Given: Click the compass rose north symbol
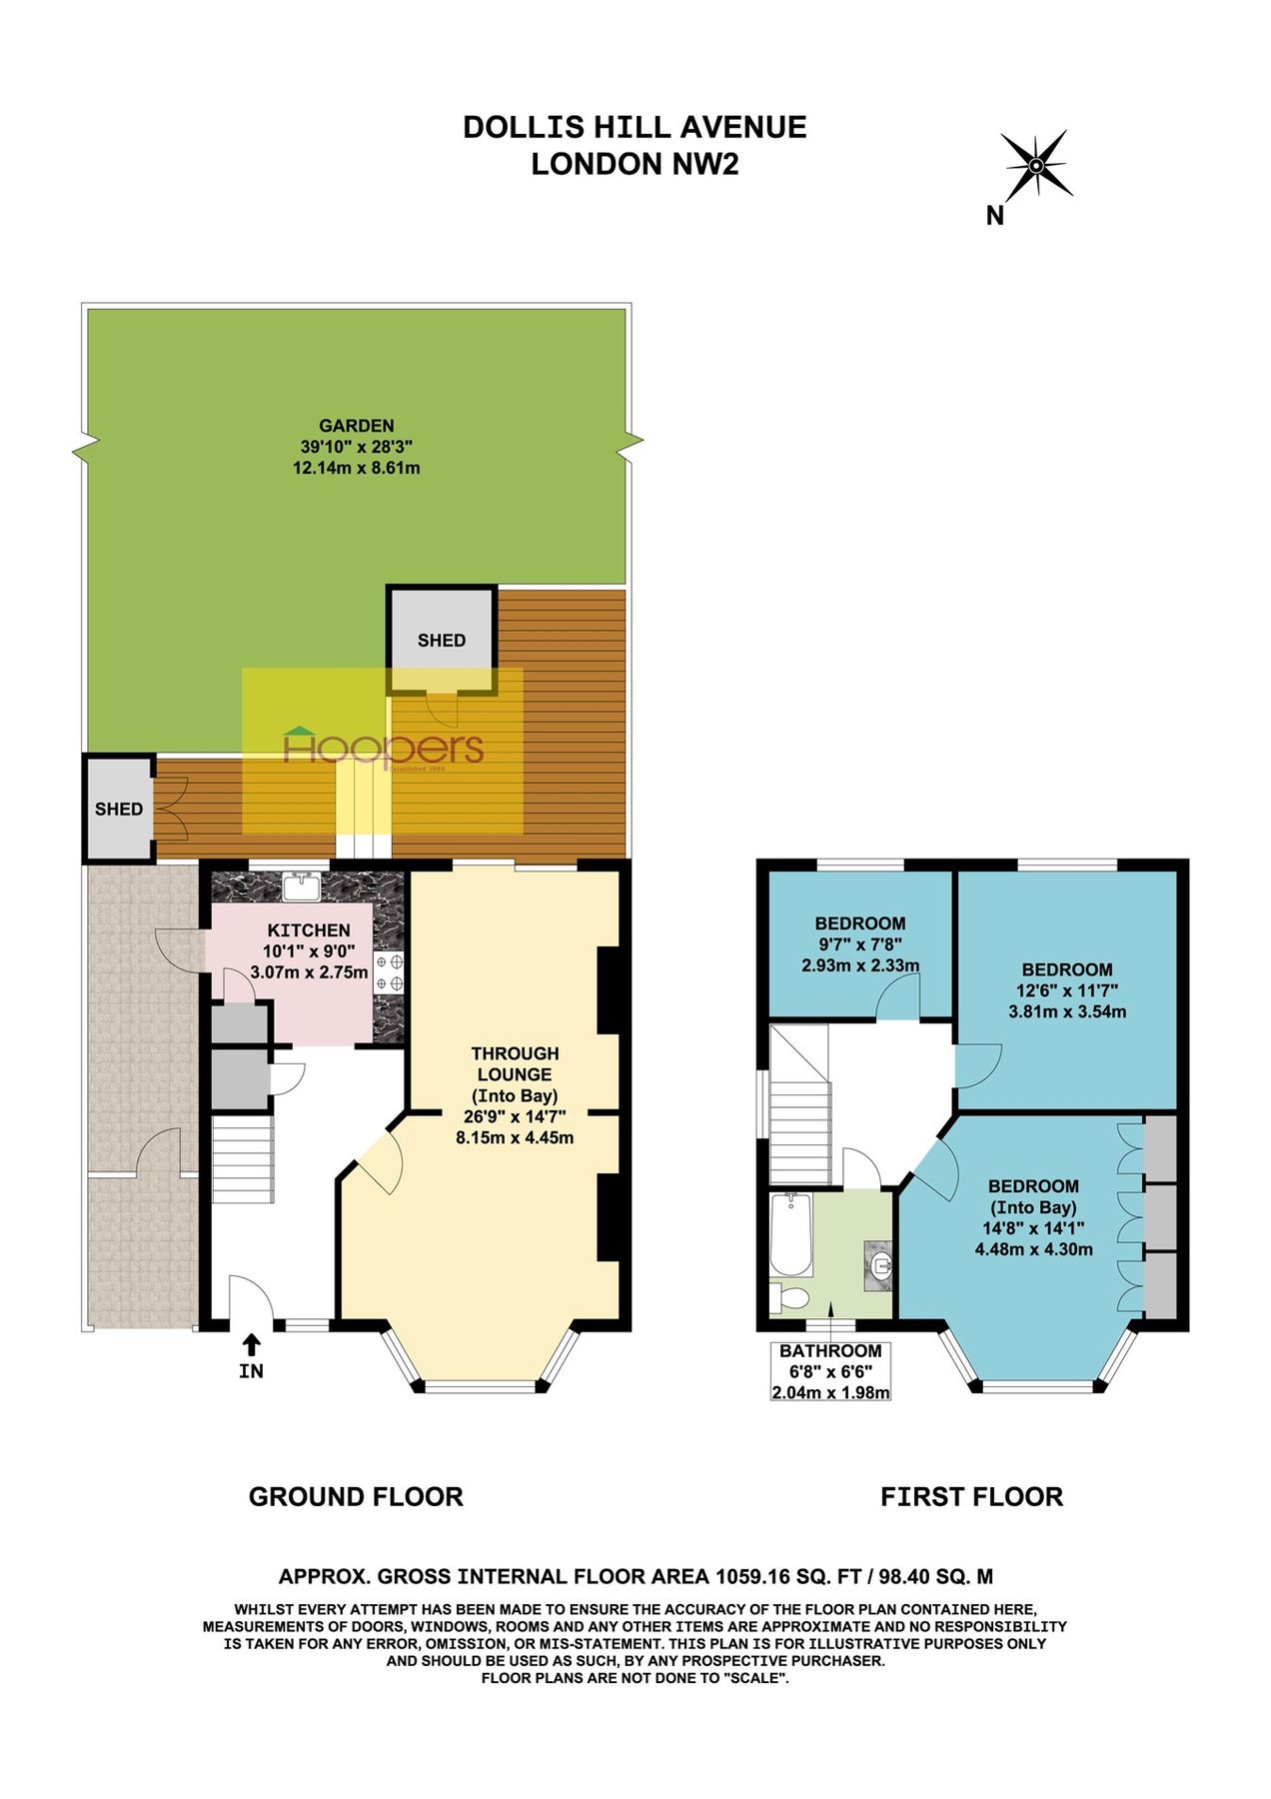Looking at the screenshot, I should coord(1037,165).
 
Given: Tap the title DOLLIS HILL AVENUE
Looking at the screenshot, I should coord(635,127).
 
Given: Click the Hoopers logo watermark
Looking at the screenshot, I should coord(384,749).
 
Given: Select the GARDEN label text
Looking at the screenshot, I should coord(356,426).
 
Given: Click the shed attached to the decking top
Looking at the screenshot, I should coord(442,640).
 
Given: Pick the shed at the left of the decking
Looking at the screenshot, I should coord(118,809).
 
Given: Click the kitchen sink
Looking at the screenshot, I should coord(301,886).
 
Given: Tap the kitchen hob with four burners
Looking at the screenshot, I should coord(389,972).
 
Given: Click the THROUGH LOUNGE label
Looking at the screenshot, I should coord(515,1063).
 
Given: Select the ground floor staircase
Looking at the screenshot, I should coord(242,1159).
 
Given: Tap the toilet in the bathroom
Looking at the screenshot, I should coord(791,1298).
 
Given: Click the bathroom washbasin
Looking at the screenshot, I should coord(879,1267).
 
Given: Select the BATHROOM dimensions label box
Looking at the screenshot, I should coord(830,1371).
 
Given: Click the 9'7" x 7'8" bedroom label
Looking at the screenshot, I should coord(859,944).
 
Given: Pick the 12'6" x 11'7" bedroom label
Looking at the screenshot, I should coord(1066,990).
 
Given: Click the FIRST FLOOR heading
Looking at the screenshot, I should coord(971,1497).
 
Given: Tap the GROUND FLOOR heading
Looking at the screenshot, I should coord(356,1497).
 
